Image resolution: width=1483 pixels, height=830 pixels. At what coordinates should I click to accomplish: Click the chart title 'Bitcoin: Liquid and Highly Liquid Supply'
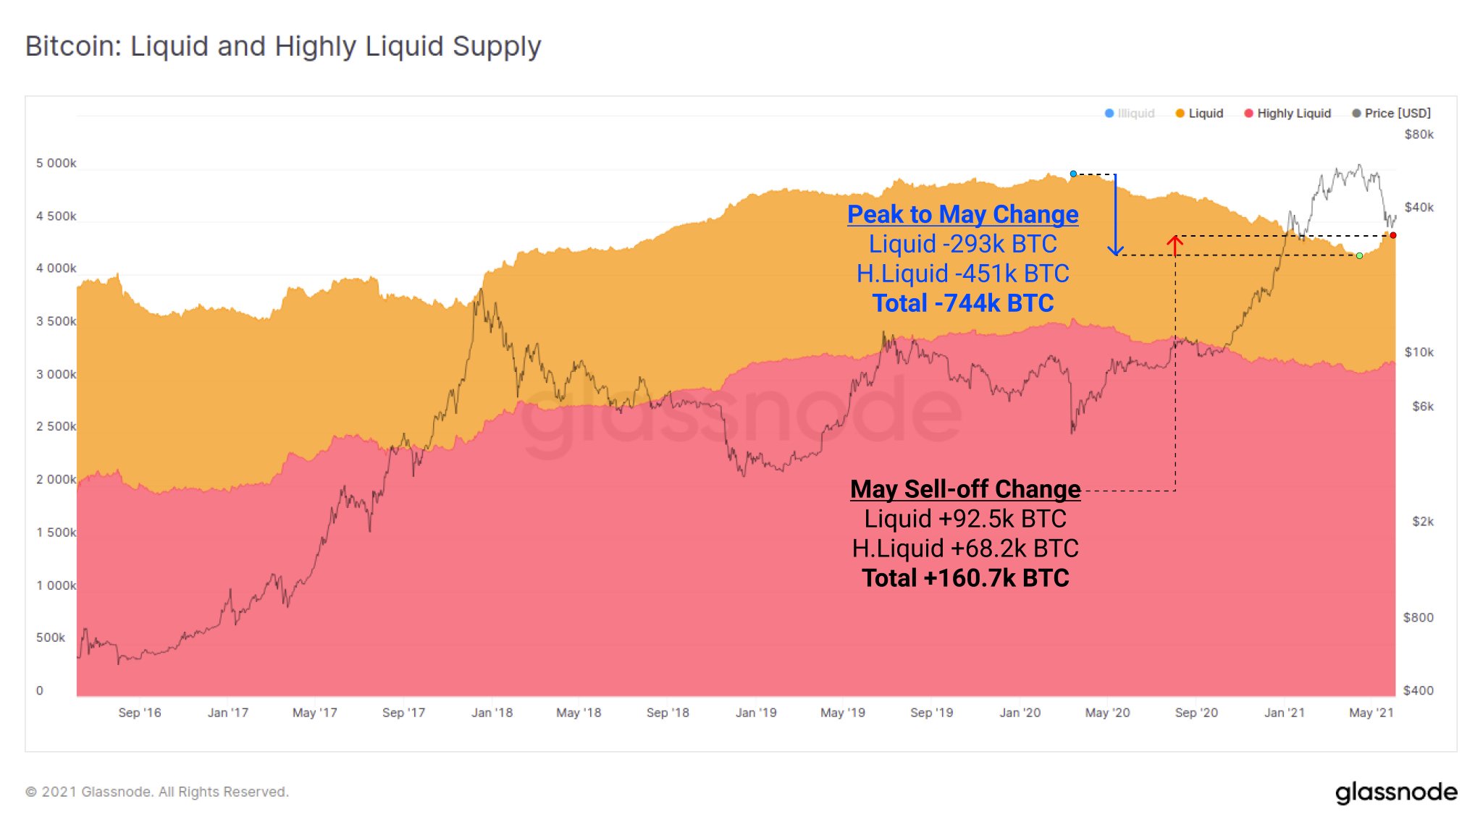tap(283, 46)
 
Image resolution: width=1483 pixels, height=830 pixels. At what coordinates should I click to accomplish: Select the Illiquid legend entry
tap(1130, 114)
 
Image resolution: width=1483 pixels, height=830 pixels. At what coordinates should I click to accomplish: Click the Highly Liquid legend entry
tap(1287, 114)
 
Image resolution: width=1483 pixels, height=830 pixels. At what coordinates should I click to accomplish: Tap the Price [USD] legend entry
tap(1391, 114)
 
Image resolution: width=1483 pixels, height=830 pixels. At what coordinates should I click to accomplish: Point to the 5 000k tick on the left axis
tap(56, 164)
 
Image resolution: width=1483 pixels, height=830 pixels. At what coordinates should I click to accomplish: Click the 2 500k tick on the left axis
tap(56, 427)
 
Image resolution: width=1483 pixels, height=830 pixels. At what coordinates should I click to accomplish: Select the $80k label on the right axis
tap(1419, 135)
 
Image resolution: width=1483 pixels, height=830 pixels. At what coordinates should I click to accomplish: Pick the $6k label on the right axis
tap(1422, 407)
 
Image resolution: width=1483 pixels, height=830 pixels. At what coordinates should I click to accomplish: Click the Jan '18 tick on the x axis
tap(492, 713)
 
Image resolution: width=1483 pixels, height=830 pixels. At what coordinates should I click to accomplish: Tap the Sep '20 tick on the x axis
tap(1196, 713)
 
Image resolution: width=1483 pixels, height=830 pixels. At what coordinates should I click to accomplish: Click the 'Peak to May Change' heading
tap(962, 214)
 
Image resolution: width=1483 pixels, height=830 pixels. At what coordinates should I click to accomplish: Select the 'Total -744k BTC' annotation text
tap(962, 303)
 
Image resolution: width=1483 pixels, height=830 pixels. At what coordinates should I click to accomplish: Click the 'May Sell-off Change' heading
tap(965, 489)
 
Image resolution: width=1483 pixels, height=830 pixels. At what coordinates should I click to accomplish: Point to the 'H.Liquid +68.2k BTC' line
tap(965, 549)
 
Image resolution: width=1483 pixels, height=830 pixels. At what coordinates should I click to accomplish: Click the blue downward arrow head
tap(1116, 251)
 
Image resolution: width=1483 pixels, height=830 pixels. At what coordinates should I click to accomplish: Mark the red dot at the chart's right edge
tap(1392, 235)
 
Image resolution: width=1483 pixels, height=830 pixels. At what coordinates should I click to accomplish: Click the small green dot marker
tap(1359, 255)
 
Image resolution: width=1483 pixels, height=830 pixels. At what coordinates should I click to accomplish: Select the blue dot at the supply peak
tap(1073, 174)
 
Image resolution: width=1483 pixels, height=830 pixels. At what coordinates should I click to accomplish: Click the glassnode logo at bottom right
tap(1396, 792)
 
